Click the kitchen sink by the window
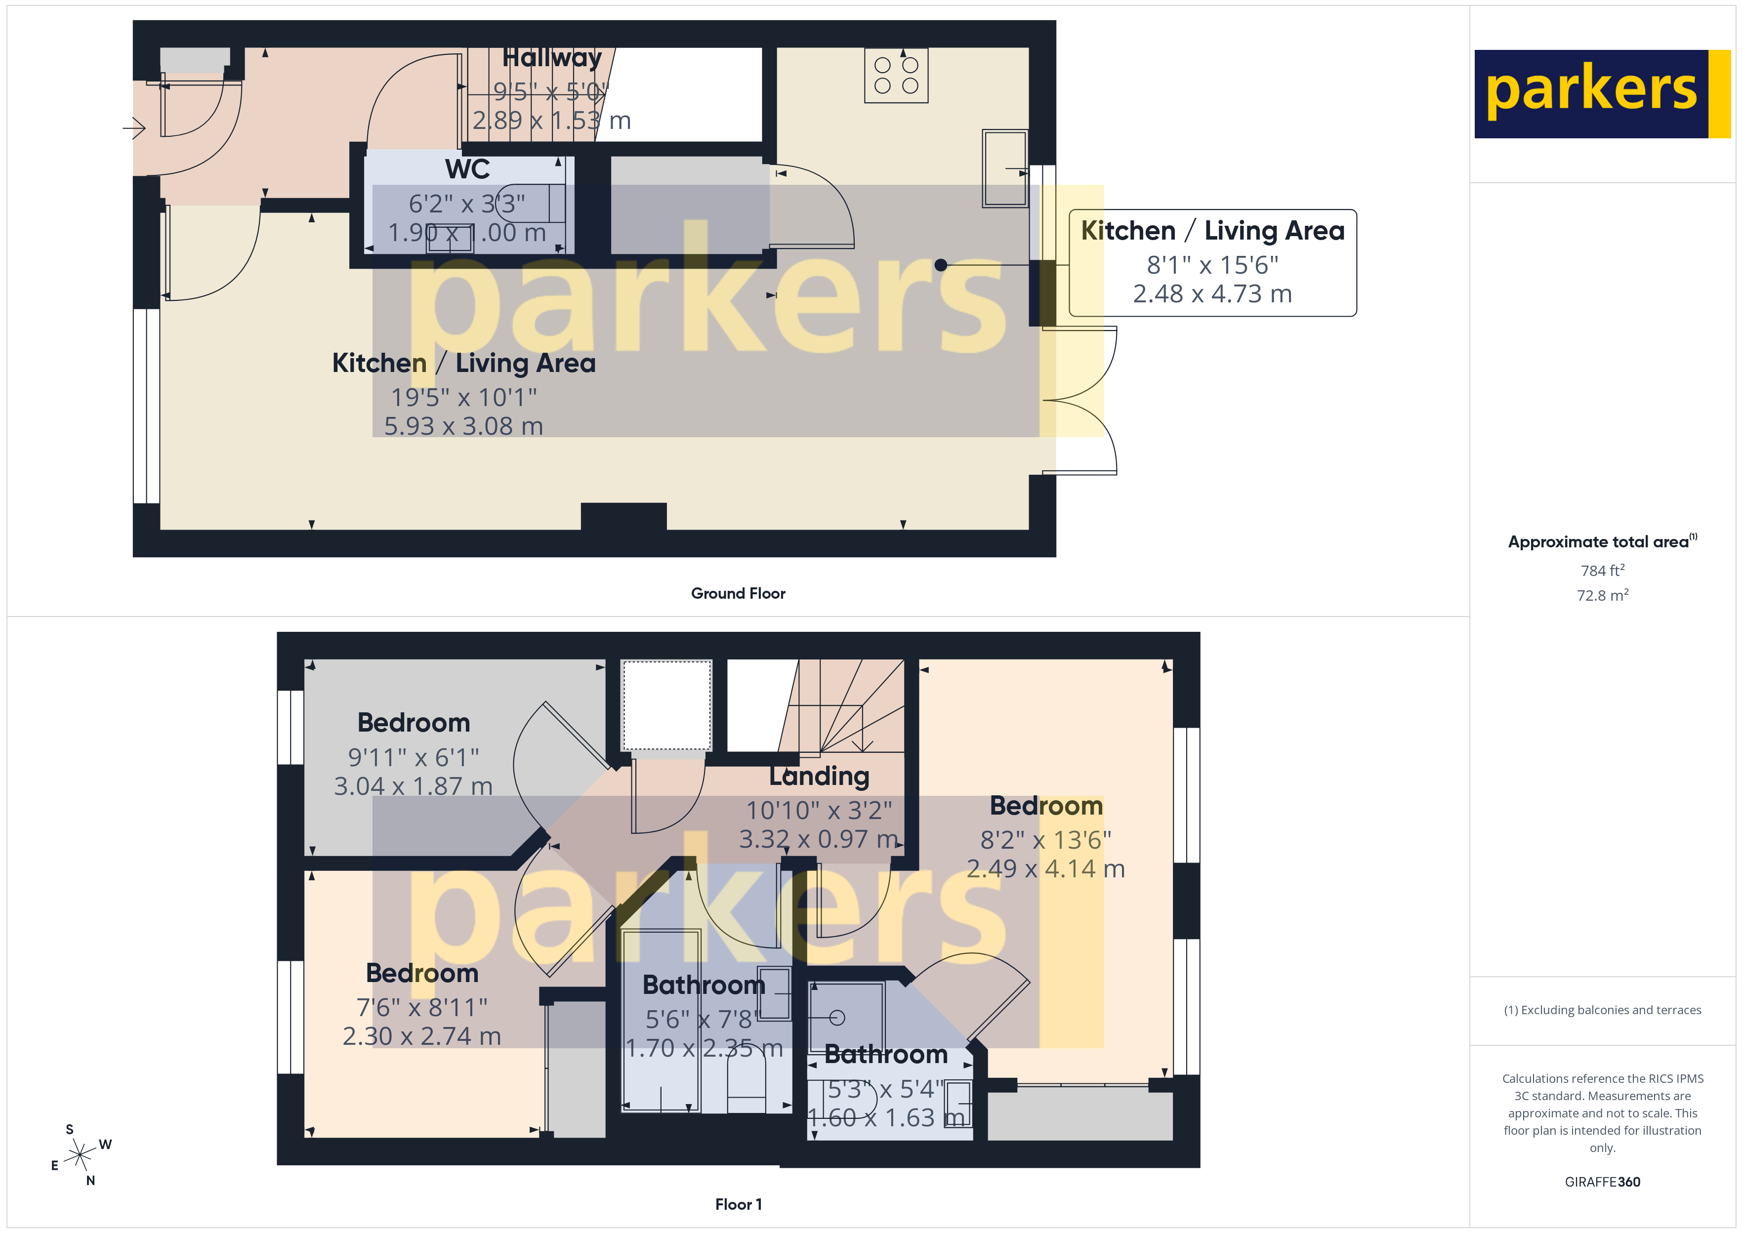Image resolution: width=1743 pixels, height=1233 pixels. coord(1004,168)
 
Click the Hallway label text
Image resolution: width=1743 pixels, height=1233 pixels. coord(552,58)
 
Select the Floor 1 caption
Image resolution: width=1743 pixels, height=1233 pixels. coord(738,1205)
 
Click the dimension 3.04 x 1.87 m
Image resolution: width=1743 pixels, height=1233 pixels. coord(413,786)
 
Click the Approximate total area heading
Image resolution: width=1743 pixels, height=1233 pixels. coord(1600,542)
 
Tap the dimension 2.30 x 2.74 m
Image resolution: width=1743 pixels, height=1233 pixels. coord(421,1037)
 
